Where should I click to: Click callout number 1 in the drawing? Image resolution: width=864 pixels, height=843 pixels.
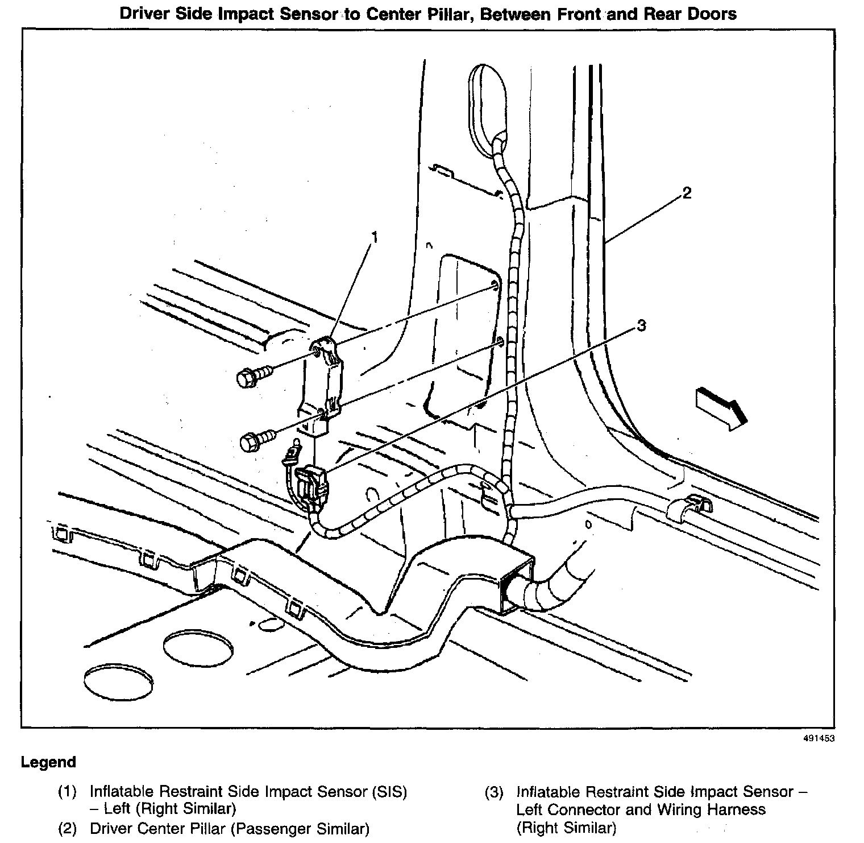tap(375, 237)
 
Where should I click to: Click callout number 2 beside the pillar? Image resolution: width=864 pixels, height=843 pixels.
tap(687, 193)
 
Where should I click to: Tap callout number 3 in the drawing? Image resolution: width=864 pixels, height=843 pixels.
tap(641, 325)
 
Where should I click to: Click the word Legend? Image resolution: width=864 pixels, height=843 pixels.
tap(48, 762)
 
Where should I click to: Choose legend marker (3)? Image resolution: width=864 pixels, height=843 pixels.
tap(494, 792)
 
